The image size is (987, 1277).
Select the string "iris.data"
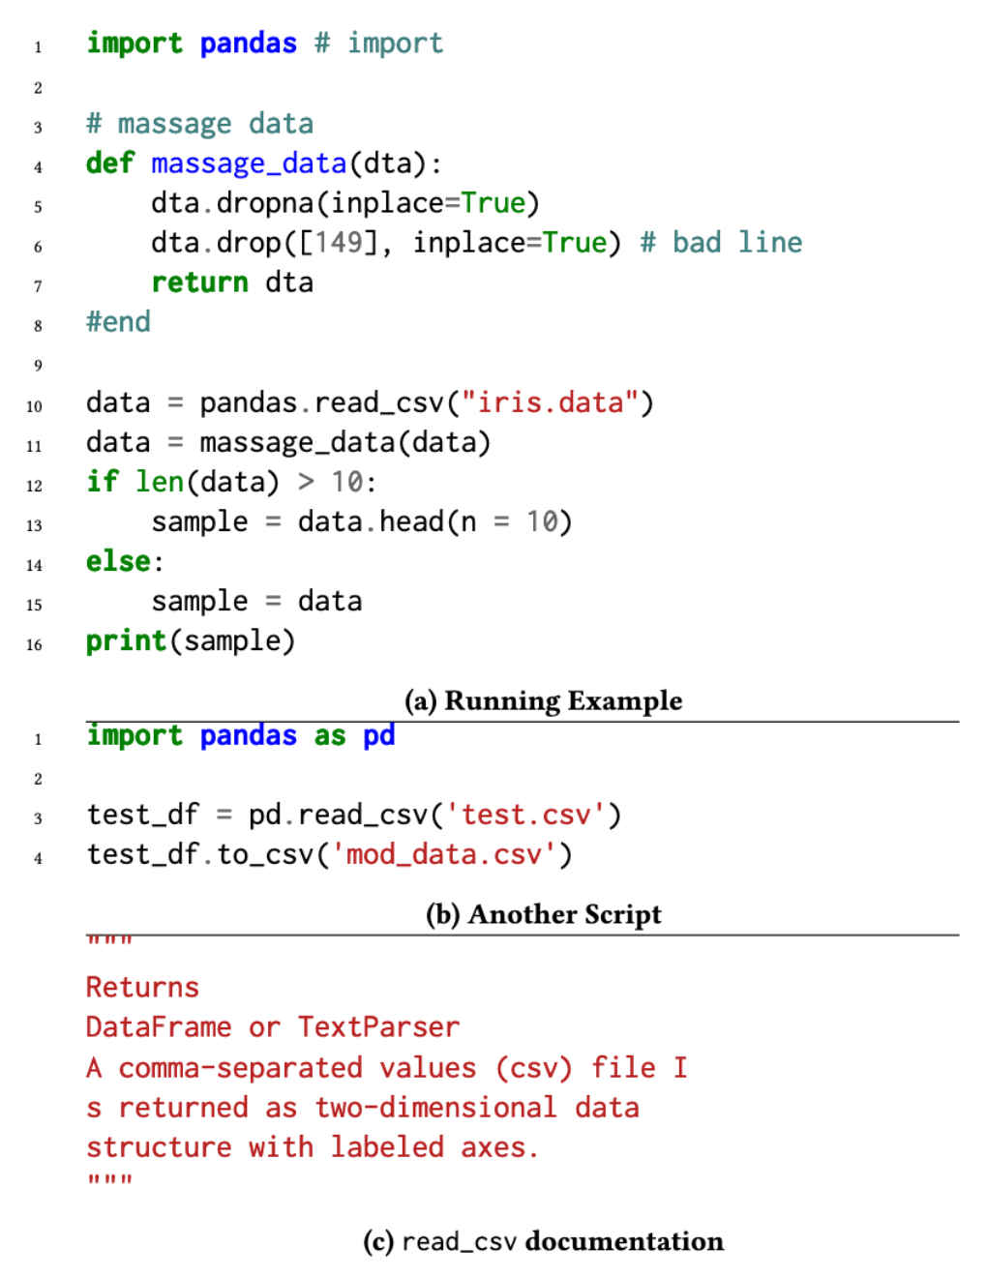[551, 403]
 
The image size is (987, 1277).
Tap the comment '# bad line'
[721, 242]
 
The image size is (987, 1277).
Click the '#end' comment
[118, 321]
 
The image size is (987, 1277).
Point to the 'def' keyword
[110, 163]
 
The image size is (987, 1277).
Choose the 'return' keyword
[200, 282]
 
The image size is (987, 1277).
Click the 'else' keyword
[118, 561]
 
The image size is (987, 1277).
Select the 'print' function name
[127, 640]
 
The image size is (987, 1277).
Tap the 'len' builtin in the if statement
[160, 482]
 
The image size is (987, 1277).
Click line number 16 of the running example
[34, 644]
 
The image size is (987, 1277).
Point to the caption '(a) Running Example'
[543, 700]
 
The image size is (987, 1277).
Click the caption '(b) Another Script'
[544, 914]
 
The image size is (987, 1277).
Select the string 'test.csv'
[525, 816]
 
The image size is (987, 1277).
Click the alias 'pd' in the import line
[379, 736]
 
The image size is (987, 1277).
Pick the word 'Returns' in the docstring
[143, 988]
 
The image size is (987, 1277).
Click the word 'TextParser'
[378, 1027]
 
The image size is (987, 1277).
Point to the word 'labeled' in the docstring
[387, 1147]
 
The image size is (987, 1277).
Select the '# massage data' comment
[200, 124]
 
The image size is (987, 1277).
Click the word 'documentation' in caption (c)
[624, 1241]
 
